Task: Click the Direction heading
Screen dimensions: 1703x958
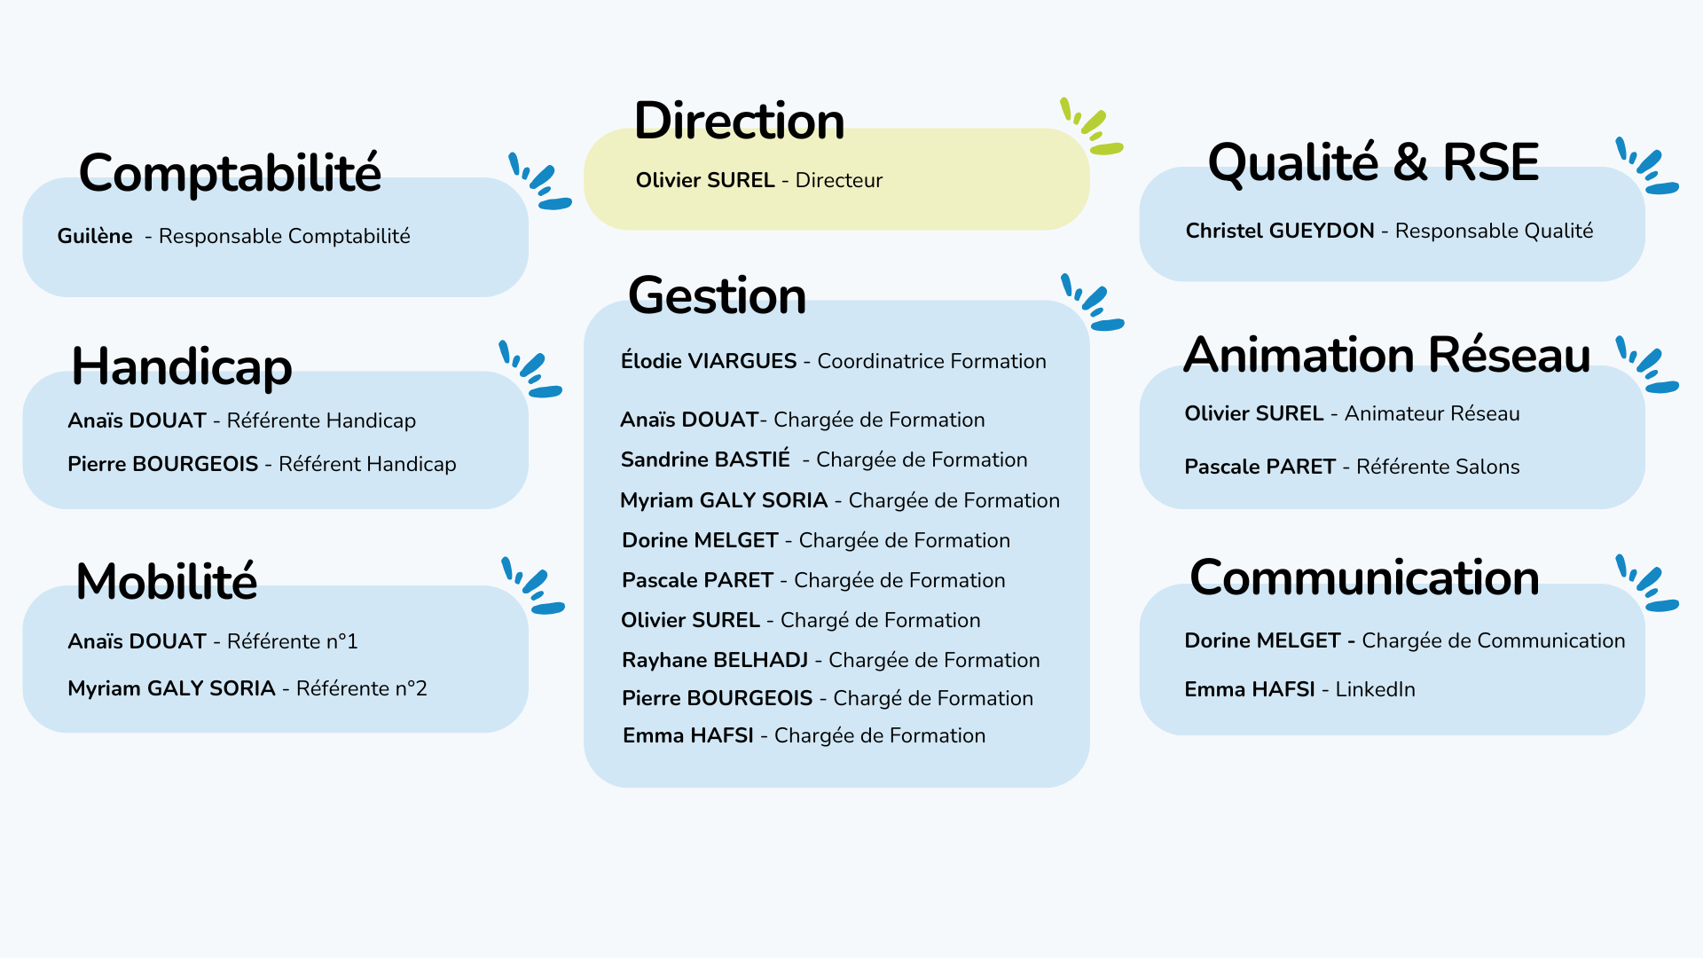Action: click(739, 121)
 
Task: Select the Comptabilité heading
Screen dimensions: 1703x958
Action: click(230, 172)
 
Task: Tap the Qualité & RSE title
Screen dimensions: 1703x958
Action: click(1373, 162)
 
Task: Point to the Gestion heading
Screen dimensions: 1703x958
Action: click(717, 295)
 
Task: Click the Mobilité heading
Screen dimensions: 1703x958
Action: click(167, 581)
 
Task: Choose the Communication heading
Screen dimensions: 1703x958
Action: click(1364, 577)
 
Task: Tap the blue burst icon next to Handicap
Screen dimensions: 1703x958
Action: click(530, 369)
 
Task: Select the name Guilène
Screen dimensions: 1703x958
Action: click(95, 236)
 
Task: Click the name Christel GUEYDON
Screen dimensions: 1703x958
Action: click(1280, 231)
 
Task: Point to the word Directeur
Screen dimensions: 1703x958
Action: click(839, 180)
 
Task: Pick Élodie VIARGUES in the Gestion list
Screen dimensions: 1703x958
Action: click(709, 361)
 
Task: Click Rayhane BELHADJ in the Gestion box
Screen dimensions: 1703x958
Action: click(715, 660)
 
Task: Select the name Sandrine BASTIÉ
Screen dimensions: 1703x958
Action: click(705, 459)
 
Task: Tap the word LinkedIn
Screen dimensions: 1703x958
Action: click(1376, 689)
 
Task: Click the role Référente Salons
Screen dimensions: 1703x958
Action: click(1438, 467)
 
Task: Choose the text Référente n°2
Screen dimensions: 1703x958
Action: click(362, 688)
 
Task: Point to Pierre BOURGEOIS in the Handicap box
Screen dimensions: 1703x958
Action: click(163, 464)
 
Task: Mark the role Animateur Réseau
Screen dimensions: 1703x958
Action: click(1432, 413)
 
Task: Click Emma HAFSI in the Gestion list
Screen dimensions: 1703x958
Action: click(688, 735)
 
